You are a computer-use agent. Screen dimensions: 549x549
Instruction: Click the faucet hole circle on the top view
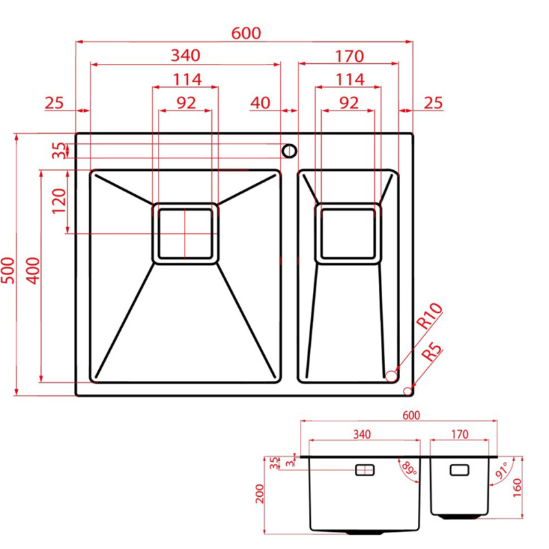coord(289,151)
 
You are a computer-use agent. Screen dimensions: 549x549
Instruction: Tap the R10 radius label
coord(429,316)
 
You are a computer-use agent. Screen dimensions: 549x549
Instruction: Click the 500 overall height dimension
coord(8,270)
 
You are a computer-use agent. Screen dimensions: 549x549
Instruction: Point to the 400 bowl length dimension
coord(33,270)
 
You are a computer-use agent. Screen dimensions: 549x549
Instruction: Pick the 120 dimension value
coord(59,201)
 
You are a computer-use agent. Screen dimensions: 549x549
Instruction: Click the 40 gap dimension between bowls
coord(260,103)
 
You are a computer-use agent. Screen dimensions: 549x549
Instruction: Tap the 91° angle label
coord(502,471)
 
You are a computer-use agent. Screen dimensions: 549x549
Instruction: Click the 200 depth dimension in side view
coord(259,494)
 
